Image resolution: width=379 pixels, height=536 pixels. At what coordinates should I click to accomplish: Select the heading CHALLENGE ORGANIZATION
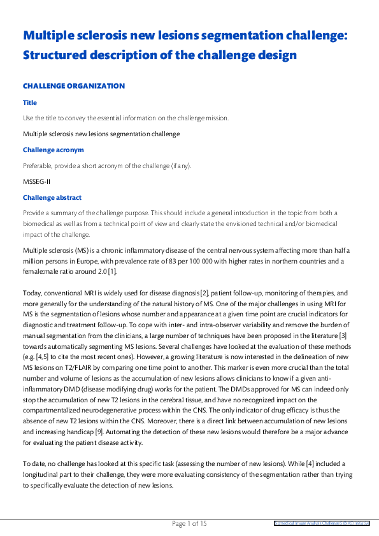pos(74,86)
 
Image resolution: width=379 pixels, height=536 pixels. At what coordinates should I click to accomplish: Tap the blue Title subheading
pos(30,102)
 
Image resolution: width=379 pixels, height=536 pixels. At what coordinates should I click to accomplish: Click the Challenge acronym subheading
pos(54,150)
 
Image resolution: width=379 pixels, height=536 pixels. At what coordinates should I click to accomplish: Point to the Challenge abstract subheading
pos(52,197)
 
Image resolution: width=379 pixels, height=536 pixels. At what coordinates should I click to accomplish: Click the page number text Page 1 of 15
pos(190,523)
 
